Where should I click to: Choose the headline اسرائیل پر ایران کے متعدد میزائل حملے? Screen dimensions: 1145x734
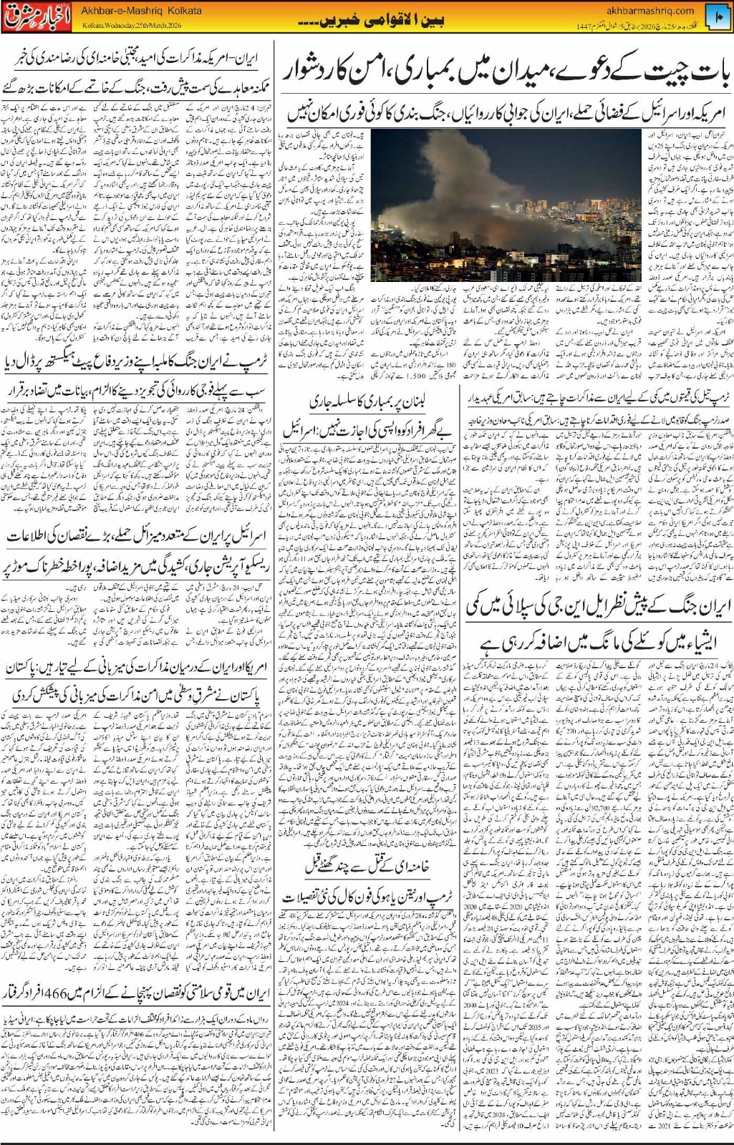pyautogui.click(x=136, y=535)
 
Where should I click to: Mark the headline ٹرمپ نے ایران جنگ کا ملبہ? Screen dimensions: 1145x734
pyautogui.click(x=136, y=360)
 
